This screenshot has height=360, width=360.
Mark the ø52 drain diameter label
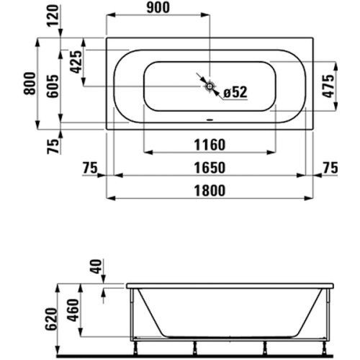pyautogui.click(x=235, y=91)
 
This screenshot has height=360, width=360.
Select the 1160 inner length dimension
pyautogui.click(x=210, y=145)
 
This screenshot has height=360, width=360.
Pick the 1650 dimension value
pyautogui.click(x=210, y=168)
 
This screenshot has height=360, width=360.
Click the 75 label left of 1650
pyautogui.click(x=89, y=168)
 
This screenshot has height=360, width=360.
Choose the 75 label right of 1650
pyautogui.click(x=330, y=168)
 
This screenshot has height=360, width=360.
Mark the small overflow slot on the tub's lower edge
pyautogui.click(x=210, y=121)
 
